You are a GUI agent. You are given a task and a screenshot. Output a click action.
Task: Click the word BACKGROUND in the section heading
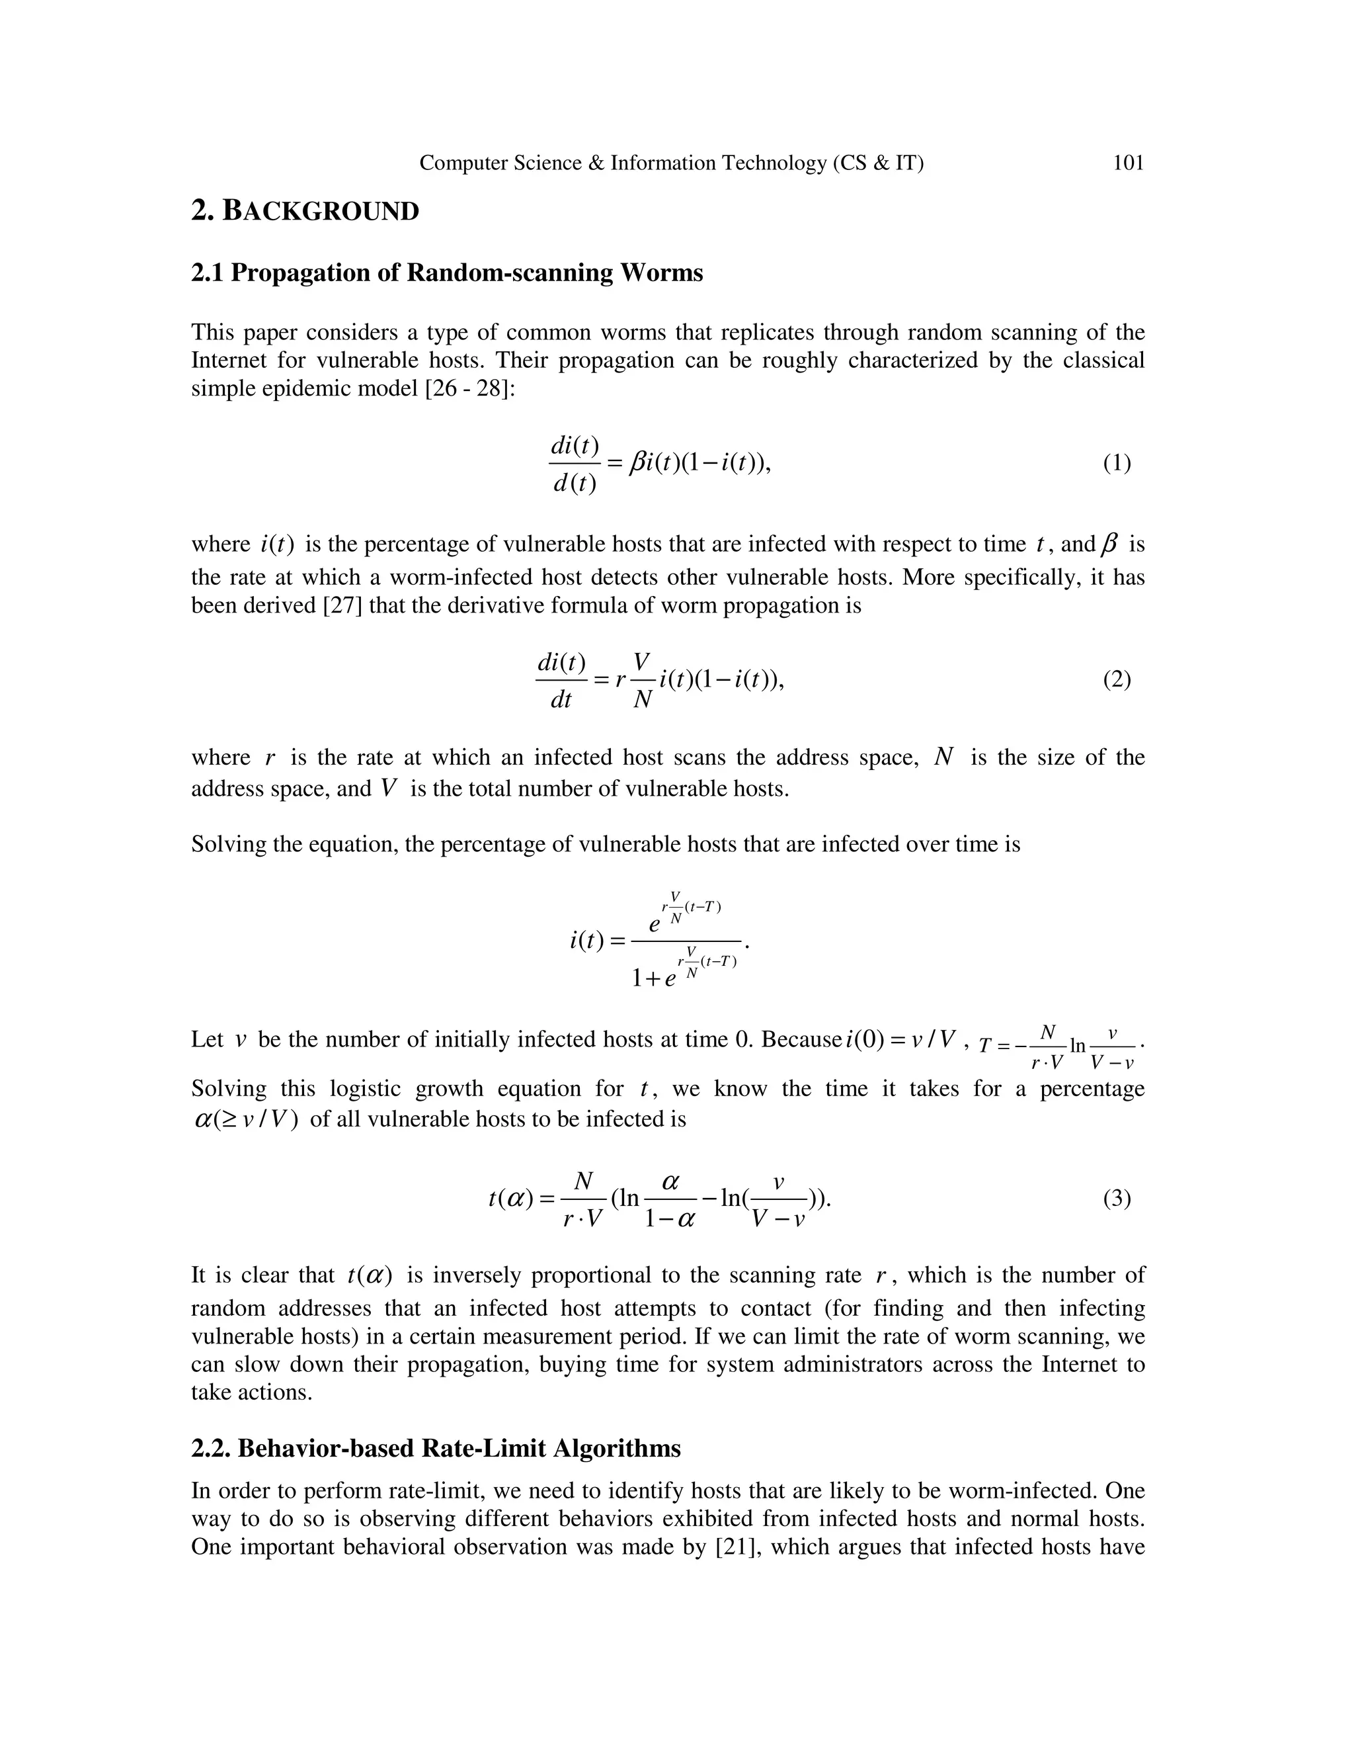pos(321,212)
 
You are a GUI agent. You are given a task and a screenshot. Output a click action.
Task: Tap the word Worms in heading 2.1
pos(661,273)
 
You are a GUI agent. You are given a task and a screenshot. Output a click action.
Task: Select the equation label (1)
pos(1117,463)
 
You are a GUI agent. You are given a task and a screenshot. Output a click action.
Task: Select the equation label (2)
pos(1117,680)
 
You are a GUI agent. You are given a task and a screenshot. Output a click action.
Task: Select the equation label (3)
pos(1117,1199)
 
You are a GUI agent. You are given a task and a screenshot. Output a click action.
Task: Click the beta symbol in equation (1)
pos(638,463)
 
